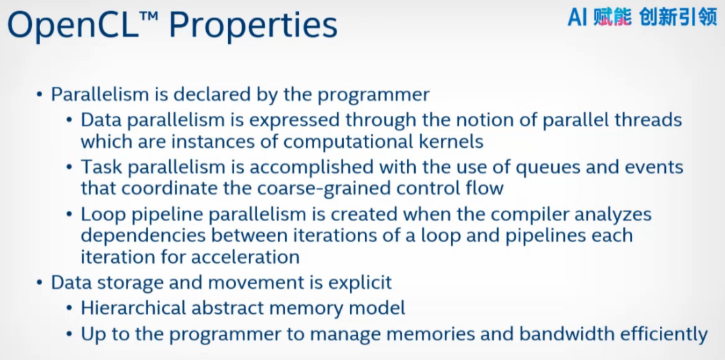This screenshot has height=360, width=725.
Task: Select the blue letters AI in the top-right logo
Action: coord(577,18)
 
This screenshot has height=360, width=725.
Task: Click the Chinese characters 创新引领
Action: coord(678,18)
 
